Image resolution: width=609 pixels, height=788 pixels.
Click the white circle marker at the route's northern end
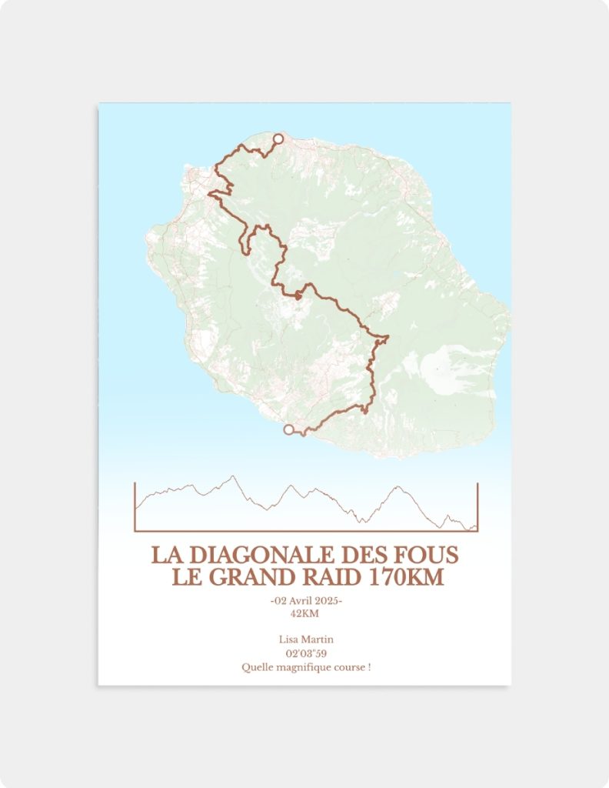278,139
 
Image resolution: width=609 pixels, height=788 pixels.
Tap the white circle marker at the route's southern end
289,429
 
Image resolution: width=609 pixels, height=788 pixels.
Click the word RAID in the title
336,577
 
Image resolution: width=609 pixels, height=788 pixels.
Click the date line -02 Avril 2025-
306,600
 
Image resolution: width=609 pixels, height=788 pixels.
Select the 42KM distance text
304,613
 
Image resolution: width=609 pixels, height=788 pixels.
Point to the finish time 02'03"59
305,653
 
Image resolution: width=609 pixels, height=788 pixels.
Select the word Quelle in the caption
255,667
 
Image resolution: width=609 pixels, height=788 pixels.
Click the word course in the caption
350,667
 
